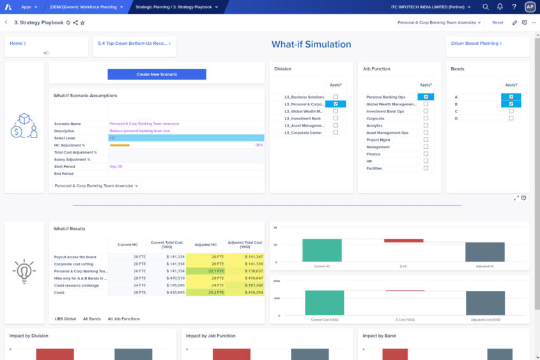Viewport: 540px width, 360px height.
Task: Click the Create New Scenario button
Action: coord(157,74)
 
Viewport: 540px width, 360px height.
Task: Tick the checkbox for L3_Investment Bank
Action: coord(336,118)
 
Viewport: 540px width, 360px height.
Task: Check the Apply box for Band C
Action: coord(511,111)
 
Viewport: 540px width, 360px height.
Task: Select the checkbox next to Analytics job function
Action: coord(426,125)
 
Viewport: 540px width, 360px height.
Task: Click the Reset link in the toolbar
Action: coord(497,22)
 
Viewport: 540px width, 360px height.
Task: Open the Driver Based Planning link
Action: coord(476,43)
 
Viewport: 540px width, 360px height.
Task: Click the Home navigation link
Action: coord(17,43)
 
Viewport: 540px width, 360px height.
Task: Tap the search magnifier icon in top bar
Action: coord(485,7)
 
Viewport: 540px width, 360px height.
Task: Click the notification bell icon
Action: coord(500,7)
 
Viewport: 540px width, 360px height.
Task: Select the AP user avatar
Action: coord(530,7)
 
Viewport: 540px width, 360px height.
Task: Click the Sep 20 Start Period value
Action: coord(116,166)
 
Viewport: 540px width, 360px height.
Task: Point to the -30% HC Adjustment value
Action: coord(258,145)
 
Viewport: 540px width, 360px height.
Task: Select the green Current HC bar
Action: coord(322,250)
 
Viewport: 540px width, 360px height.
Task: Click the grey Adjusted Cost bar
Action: coord(485,303)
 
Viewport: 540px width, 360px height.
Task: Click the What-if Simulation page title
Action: coord(311,45)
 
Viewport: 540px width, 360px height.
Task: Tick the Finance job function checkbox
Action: coord(426,154)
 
